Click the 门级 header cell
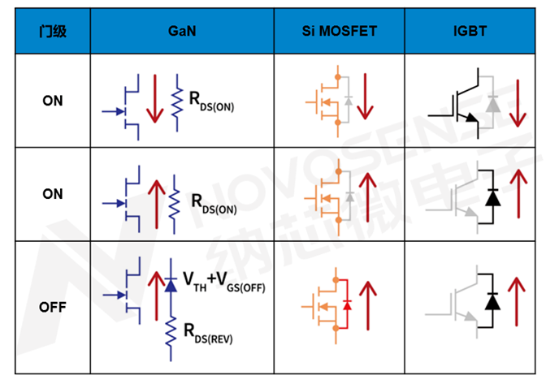(53, 32)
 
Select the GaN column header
(182, 32)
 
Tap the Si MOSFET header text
(339, 32)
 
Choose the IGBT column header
(470, 32)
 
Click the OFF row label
(53, 307)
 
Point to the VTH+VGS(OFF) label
(224, 282)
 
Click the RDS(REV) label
(208, 333)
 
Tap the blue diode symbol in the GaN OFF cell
(171, 284)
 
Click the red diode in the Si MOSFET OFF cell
(347, 305)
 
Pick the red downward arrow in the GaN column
(155, 98)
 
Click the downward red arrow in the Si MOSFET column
(365, 96)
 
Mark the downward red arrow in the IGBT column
(518, 103)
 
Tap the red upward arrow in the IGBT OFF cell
(517, 301)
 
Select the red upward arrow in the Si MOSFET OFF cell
(368, 305)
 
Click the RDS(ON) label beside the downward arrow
(211, 101)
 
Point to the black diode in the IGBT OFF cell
(492, 301)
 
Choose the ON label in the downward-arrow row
(53, 101)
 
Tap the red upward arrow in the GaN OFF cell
(156, 296)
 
